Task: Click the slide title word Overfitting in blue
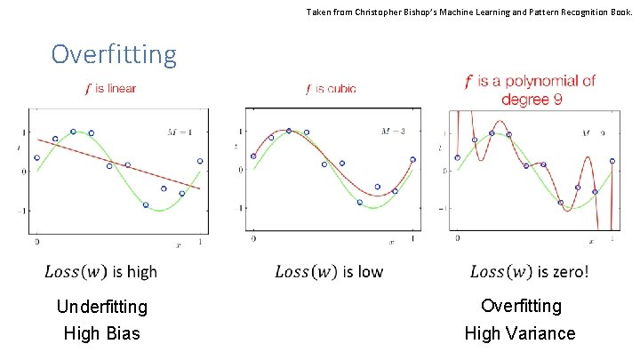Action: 114,54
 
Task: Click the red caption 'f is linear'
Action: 110,89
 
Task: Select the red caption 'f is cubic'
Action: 331,89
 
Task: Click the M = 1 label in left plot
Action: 185,132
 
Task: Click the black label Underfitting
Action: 101,308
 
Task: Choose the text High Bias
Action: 101,334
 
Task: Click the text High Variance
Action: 520,334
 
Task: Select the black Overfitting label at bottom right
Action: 521,306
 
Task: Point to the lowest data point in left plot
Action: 146,205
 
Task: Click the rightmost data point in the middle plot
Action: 413,160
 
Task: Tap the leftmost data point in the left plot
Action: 36,158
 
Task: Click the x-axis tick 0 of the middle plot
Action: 253,241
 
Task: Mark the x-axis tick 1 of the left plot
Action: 200,241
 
